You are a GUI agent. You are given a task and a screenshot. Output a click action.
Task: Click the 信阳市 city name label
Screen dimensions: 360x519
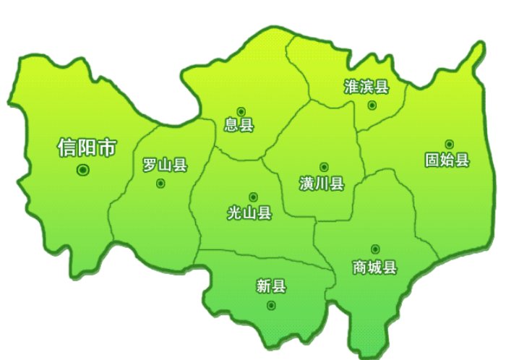(x=86, y=148)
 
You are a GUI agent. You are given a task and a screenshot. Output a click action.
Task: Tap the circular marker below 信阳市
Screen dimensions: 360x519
(x=82, y=170)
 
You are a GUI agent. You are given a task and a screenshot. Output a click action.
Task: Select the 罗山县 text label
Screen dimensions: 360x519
(x=165, y=165)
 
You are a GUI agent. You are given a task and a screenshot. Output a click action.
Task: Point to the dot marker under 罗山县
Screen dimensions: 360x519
(x=160, y=184)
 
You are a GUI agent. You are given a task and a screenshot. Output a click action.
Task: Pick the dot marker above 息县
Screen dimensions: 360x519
(x=241, y=111)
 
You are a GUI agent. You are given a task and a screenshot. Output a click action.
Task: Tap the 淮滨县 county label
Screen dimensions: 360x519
(x=366, y=87)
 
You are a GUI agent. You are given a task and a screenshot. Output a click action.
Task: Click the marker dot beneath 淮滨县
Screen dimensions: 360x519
(x=372, y=105)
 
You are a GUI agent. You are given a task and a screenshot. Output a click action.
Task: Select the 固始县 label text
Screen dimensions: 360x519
(x=447, y=160)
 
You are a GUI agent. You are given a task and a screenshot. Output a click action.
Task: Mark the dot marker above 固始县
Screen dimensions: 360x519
(x=449, y=144)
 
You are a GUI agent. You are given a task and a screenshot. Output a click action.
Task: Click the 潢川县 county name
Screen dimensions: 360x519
(x=322, y=183)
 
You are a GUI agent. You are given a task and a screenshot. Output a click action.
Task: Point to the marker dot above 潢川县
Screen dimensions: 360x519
(x=323, y=167)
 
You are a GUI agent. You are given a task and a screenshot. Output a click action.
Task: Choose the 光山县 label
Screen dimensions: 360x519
(x=249, y=213)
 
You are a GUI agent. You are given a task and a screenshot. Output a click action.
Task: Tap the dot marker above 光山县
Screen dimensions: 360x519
(x=253, y=197)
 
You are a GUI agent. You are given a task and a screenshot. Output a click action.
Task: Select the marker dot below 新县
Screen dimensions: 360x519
(x=271, y=305)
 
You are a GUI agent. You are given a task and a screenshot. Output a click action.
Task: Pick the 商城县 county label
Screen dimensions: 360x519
(x=374, y=267)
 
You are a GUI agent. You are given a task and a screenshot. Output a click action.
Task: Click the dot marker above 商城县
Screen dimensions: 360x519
(x=374, y=249)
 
